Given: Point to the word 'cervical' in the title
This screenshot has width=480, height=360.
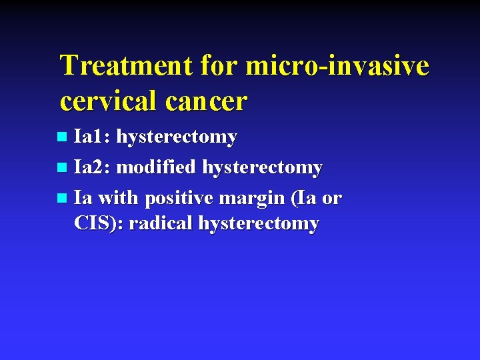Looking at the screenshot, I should click(105, 101).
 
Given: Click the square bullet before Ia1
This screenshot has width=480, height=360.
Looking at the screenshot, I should click(62, 137).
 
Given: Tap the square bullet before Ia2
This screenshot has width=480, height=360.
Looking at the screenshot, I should click(62, 168).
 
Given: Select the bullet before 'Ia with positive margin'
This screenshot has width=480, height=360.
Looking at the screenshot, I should click(62, 198).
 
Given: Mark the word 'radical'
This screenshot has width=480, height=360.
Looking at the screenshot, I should click(160, 223).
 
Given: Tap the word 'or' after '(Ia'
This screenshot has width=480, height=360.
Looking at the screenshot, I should click(331, 198).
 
